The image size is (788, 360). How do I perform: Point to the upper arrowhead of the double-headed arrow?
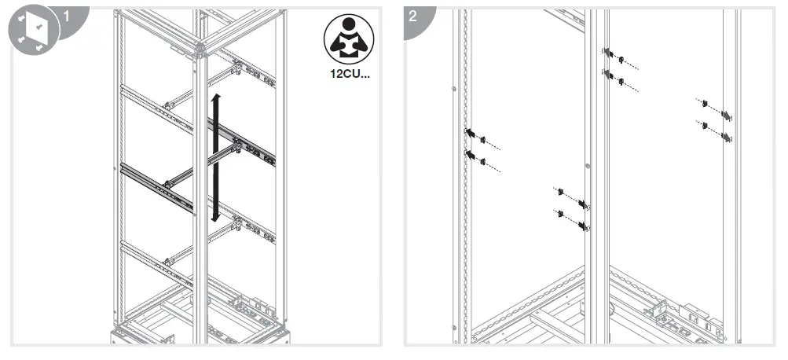[218, 97]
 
